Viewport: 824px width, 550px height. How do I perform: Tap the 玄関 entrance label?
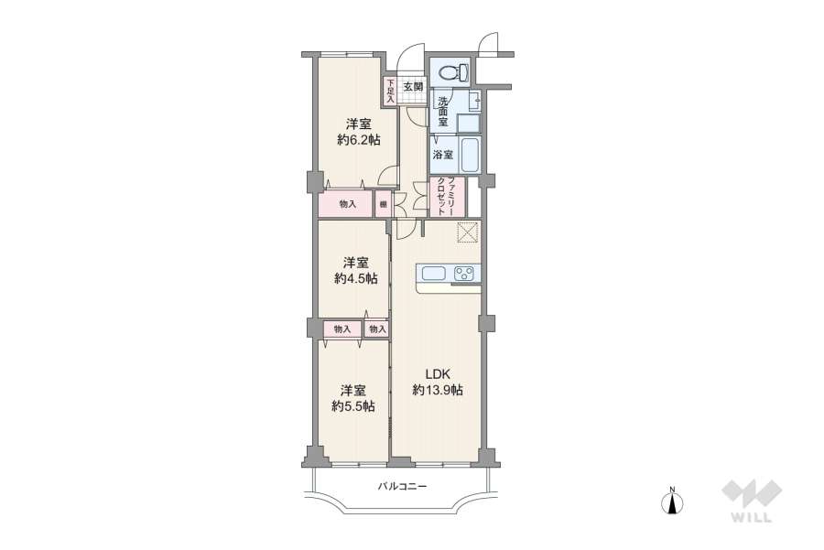[x=412, y=88]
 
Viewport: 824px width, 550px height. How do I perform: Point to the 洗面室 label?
[x=442, y=111]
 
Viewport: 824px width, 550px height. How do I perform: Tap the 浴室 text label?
[x=443, y=155]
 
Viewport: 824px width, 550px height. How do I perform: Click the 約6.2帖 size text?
[x=357, y=139]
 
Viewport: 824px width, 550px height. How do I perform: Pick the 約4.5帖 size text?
[x=355, y=278]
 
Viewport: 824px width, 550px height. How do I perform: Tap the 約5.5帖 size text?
[x=352, y=406]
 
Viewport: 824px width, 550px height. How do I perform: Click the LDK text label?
[x=437, y=372]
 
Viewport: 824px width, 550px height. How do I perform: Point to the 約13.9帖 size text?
[x=437, y=390]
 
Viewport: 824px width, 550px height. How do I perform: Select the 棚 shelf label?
[x=383, y=204]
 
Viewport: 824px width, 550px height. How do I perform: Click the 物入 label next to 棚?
[x=347, y=204]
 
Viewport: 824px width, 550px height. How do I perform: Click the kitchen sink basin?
[x=431, y=272]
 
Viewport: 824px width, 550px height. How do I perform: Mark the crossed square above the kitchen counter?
[x=467, y=232]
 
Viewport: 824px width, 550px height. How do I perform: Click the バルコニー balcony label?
[x=403, y=487]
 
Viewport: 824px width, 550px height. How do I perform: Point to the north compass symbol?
[x=673, y=502]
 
